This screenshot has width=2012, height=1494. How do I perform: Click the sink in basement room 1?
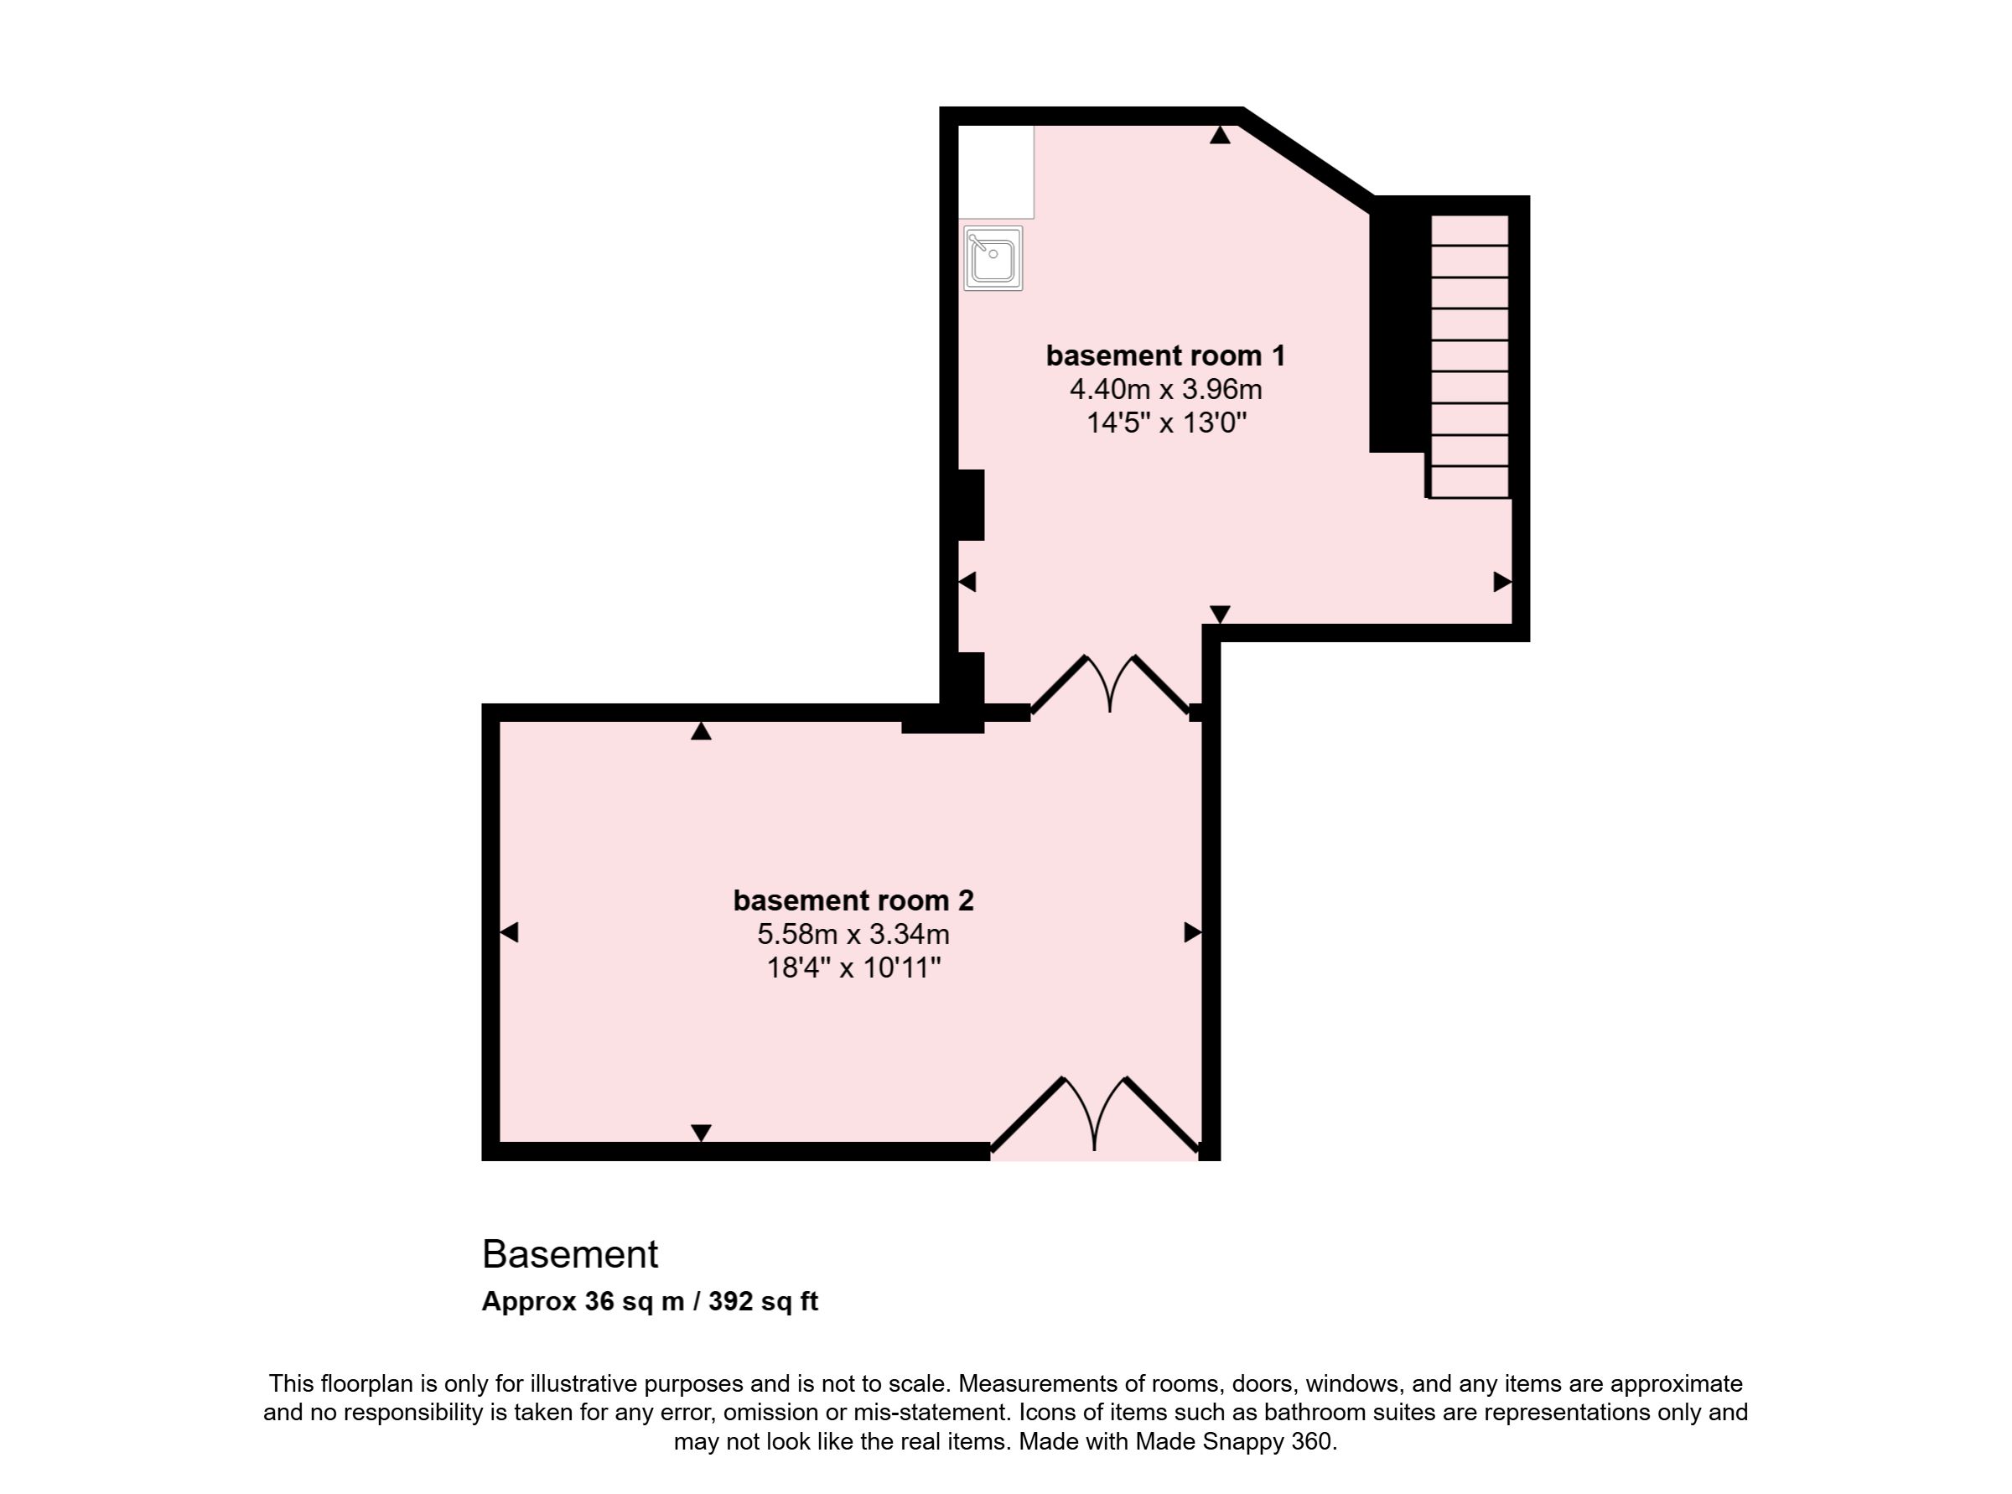[x=993, y=259]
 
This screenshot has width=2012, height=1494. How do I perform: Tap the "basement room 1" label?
[x=1165, y=355]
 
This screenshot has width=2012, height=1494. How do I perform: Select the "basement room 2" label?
[x=853, y=900]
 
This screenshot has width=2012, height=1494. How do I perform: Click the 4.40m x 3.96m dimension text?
[x=1165, y=389]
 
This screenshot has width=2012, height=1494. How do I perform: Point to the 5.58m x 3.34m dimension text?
[x=853, y=933]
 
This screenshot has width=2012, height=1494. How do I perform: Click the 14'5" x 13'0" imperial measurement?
[x=1166, y=423]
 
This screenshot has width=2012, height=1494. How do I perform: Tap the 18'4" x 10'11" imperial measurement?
[x=853, y=967]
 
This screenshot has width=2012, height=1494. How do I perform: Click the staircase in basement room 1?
[x=1470, y=356]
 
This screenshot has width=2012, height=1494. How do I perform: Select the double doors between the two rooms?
[x=1111, y=685]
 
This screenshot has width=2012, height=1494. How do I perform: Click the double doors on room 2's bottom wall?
[x=1096, y=1116]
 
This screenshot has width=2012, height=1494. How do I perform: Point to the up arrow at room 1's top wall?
[x=1220, y=135]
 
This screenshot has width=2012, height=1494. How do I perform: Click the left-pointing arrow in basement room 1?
[x=967, y=582]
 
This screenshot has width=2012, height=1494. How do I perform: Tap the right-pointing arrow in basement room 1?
[x=1502, y=582]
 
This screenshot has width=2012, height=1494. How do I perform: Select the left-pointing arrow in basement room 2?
[x=509, y=931]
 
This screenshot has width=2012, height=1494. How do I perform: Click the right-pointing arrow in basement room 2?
[x=1193, y=931]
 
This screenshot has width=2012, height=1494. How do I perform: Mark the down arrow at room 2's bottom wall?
[x=701, y=1133]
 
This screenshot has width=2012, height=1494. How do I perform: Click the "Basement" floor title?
[x=570, y=1254]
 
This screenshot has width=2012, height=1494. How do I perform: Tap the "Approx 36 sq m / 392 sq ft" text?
[x=649, y=1301]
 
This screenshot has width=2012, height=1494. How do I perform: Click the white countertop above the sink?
[x=996, y=172]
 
